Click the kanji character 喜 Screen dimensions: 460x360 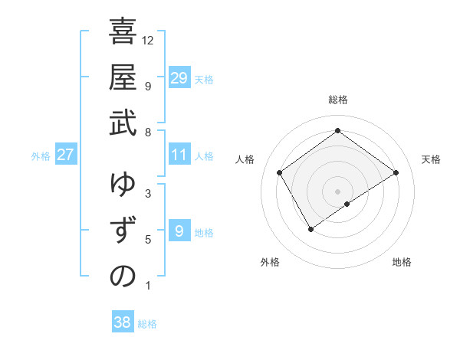pyautogui.click(x=123, y=34)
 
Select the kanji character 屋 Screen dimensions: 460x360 pyautogui.click(x=123, y=77)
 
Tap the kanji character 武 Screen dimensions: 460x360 pyautogui.click(x=123, y=123)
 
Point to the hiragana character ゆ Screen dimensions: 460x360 pyautogui.click(x=123, y=186)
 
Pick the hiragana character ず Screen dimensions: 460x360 pyautogui.click(x=123, y=231)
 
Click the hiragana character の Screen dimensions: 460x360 pyautogui.click(x=123, y=277)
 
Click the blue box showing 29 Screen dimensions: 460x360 pyautogui.click(x=179, y=78)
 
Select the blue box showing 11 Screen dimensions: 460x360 pyautogui.click(x=179, y=155)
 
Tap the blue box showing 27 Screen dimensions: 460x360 pyautogui.click(x=65, y=155)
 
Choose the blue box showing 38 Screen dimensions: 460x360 pyautogui.click(x=122, y=322)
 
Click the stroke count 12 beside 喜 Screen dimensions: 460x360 pyautogui.click(x=148, y=40)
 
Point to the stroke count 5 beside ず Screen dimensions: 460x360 pyautogui.click(x=148, y=240)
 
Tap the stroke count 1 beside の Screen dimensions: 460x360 pyautogui.click(x=148, y=286)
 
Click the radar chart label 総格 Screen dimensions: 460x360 pyautogui.click(x=337, y=100)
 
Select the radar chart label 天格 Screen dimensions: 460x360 pyautogui.click(x=431, y=159)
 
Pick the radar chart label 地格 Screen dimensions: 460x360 pyautogui.click(x=402, y=262)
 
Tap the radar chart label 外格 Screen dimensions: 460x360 pyautogui.click(x=270, y=262)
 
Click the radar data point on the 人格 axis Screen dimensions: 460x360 pyautogui.click(x=280, y=172)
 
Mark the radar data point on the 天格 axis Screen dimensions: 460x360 pyautogui.click(x=396, y=172)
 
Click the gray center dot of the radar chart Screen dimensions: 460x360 pyautogui.click(x=337, y=191)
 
